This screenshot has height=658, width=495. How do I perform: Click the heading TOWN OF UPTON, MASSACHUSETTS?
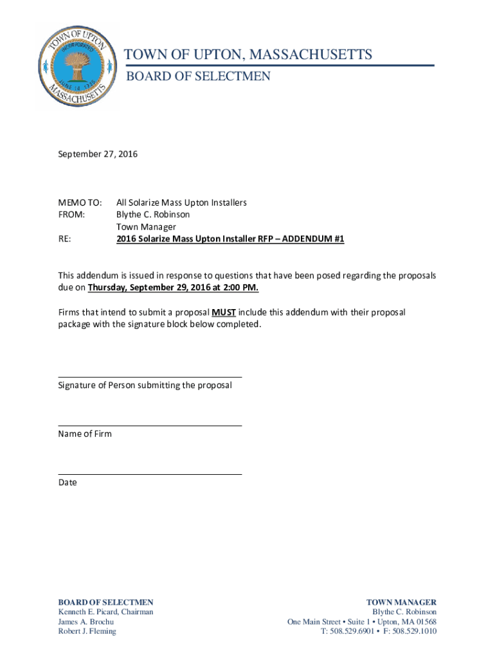[x=248, y=55]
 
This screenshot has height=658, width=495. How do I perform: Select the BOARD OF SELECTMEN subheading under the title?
[x=197, y=76]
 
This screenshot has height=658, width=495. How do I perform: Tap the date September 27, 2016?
[x=98, y=154]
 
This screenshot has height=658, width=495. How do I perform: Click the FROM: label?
[x=71, y=215]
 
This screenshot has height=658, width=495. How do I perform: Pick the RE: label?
[x=64, y=239]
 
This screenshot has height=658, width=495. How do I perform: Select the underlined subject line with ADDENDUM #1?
[x=230, y=239]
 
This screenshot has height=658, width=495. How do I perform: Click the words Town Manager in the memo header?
[x=146, y=227]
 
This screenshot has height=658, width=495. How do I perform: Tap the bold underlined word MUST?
[x=224, y=312]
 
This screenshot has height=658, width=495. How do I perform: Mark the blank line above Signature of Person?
[x=150, y=377]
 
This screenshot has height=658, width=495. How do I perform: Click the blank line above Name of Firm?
[x=150, y=425]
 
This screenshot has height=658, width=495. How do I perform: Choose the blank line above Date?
[x=150, y=474]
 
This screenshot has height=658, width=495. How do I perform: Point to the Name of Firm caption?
[x=85, y=434]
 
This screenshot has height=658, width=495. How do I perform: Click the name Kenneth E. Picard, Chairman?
[x=105, y=612]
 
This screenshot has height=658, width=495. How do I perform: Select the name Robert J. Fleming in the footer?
[x=87, y=631]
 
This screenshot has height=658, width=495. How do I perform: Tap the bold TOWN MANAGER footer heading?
[x=401, y=602]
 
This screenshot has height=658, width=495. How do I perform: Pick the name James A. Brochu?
[x=86, y=621]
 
